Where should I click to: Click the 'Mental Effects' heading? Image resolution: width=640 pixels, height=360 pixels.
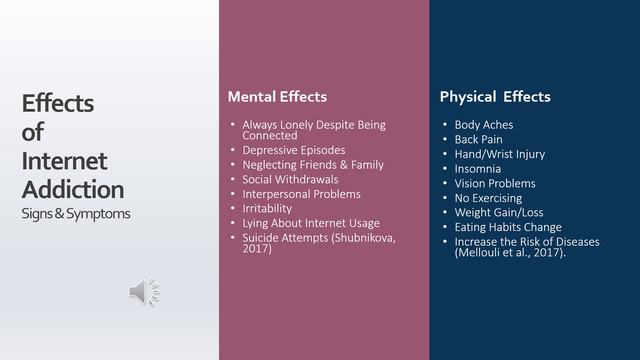277,97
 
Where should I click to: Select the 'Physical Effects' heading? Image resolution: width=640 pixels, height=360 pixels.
495,97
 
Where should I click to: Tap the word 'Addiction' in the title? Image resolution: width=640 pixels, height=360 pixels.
73,189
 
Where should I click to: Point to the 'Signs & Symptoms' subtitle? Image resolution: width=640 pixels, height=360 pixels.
75,214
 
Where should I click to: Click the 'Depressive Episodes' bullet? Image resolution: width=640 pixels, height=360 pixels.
294,150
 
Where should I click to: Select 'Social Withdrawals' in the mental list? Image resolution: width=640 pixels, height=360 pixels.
291,179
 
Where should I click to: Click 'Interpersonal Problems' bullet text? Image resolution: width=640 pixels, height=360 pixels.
301,193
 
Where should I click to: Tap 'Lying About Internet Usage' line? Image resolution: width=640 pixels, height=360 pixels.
311,223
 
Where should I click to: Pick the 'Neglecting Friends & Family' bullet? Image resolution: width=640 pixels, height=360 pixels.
313,164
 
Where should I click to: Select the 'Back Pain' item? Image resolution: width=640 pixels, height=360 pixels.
478,139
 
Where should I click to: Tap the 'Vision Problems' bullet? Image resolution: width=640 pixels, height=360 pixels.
495,184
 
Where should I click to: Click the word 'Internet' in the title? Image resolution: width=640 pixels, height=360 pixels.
64,160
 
